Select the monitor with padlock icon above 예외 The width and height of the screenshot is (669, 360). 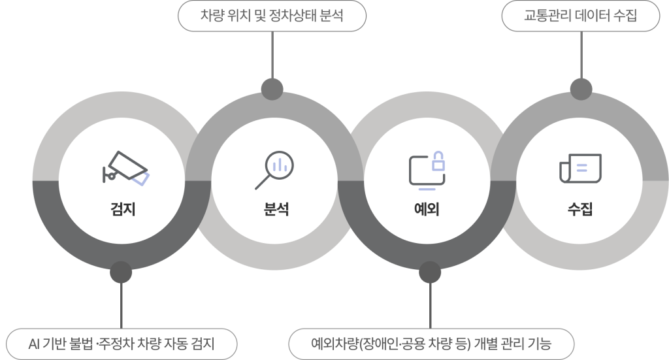click(427, 170)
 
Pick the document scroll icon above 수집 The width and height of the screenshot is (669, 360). click(580, 168)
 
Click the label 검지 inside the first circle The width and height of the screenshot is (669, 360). click(123, 209)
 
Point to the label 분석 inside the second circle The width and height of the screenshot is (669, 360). click(276, 209)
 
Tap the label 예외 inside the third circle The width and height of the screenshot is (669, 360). click(427, 209)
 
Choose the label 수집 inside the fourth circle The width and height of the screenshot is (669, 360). click(580, 209)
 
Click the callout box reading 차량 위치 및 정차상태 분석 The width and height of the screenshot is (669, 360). click(272, 16)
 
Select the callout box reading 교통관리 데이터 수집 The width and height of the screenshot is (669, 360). click(580, 16)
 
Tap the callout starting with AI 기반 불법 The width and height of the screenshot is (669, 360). click(122, 344)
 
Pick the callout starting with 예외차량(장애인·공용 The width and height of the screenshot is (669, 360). click(431, 344)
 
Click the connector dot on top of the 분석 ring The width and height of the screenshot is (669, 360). click(272, 89)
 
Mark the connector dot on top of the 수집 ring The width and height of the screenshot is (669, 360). click(581, 89)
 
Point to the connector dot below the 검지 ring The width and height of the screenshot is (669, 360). click(121, 272)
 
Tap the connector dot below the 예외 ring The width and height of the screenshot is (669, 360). click(430, 272)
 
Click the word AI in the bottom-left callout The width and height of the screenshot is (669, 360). click(34, 344)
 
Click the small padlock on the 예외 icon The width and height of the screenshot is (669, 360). click(438, 161)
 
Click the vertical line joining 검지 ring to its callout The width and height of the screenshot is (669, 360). click(121, 305)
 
